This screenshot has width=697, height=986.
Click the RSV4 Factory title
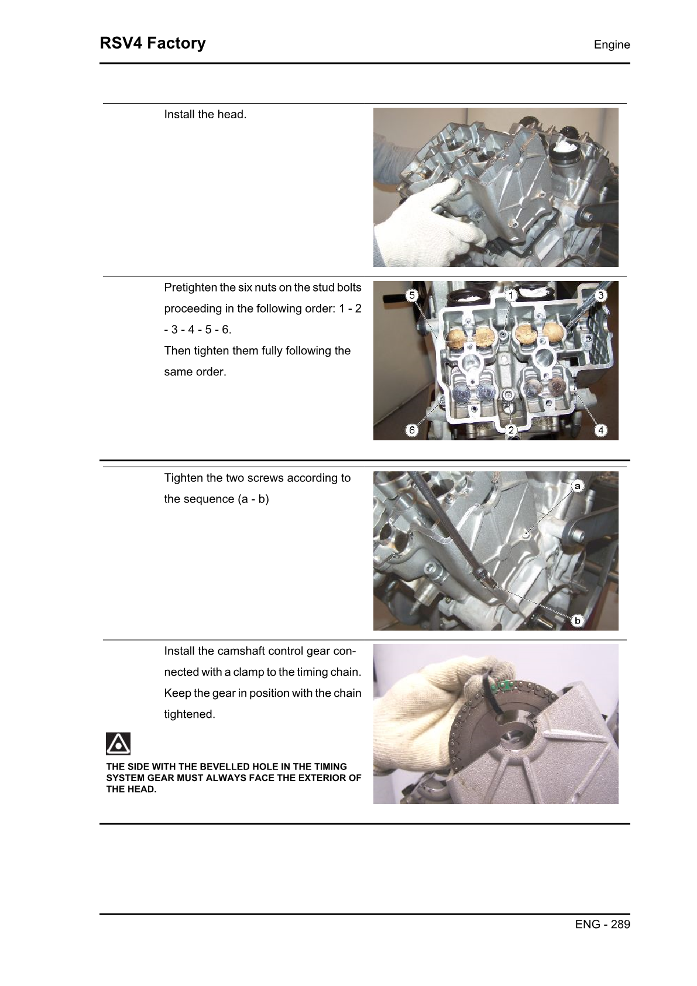(x=153, y=43)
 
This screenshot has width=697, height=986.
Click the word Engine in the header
(x=612, y=45)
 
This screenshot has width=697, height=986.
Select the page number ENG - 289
(x=602, y=924)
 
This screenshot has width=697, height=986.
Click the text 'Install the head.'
(x=205, y=115)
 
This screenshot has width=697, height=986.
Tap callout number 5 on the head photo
(x=412, y=296)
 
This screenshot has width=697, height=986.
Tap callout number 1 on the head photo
(x=511, y=296)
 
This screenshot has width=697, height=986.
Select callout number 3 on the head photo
(x=600, y=296)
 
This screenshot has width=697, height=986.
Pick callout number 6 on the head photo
(x=412, y=430)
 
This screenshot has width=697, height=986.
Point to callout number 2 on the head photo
(x=511, y=430)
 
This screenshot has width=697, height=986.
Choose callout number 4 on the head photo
(x=600, y=430)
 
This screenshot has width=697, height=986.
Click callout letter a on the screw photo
(x=577, y=486)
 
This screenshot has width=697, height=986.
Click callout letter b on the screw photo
(x=577, y=621)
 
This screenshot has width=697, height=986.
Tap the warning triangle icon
(x=118, y=744)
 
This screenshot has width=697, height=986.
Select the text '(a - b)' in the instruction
(x=253, y=499)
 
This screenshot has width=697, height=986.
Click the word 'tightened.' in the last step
(x=189, y=714)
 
